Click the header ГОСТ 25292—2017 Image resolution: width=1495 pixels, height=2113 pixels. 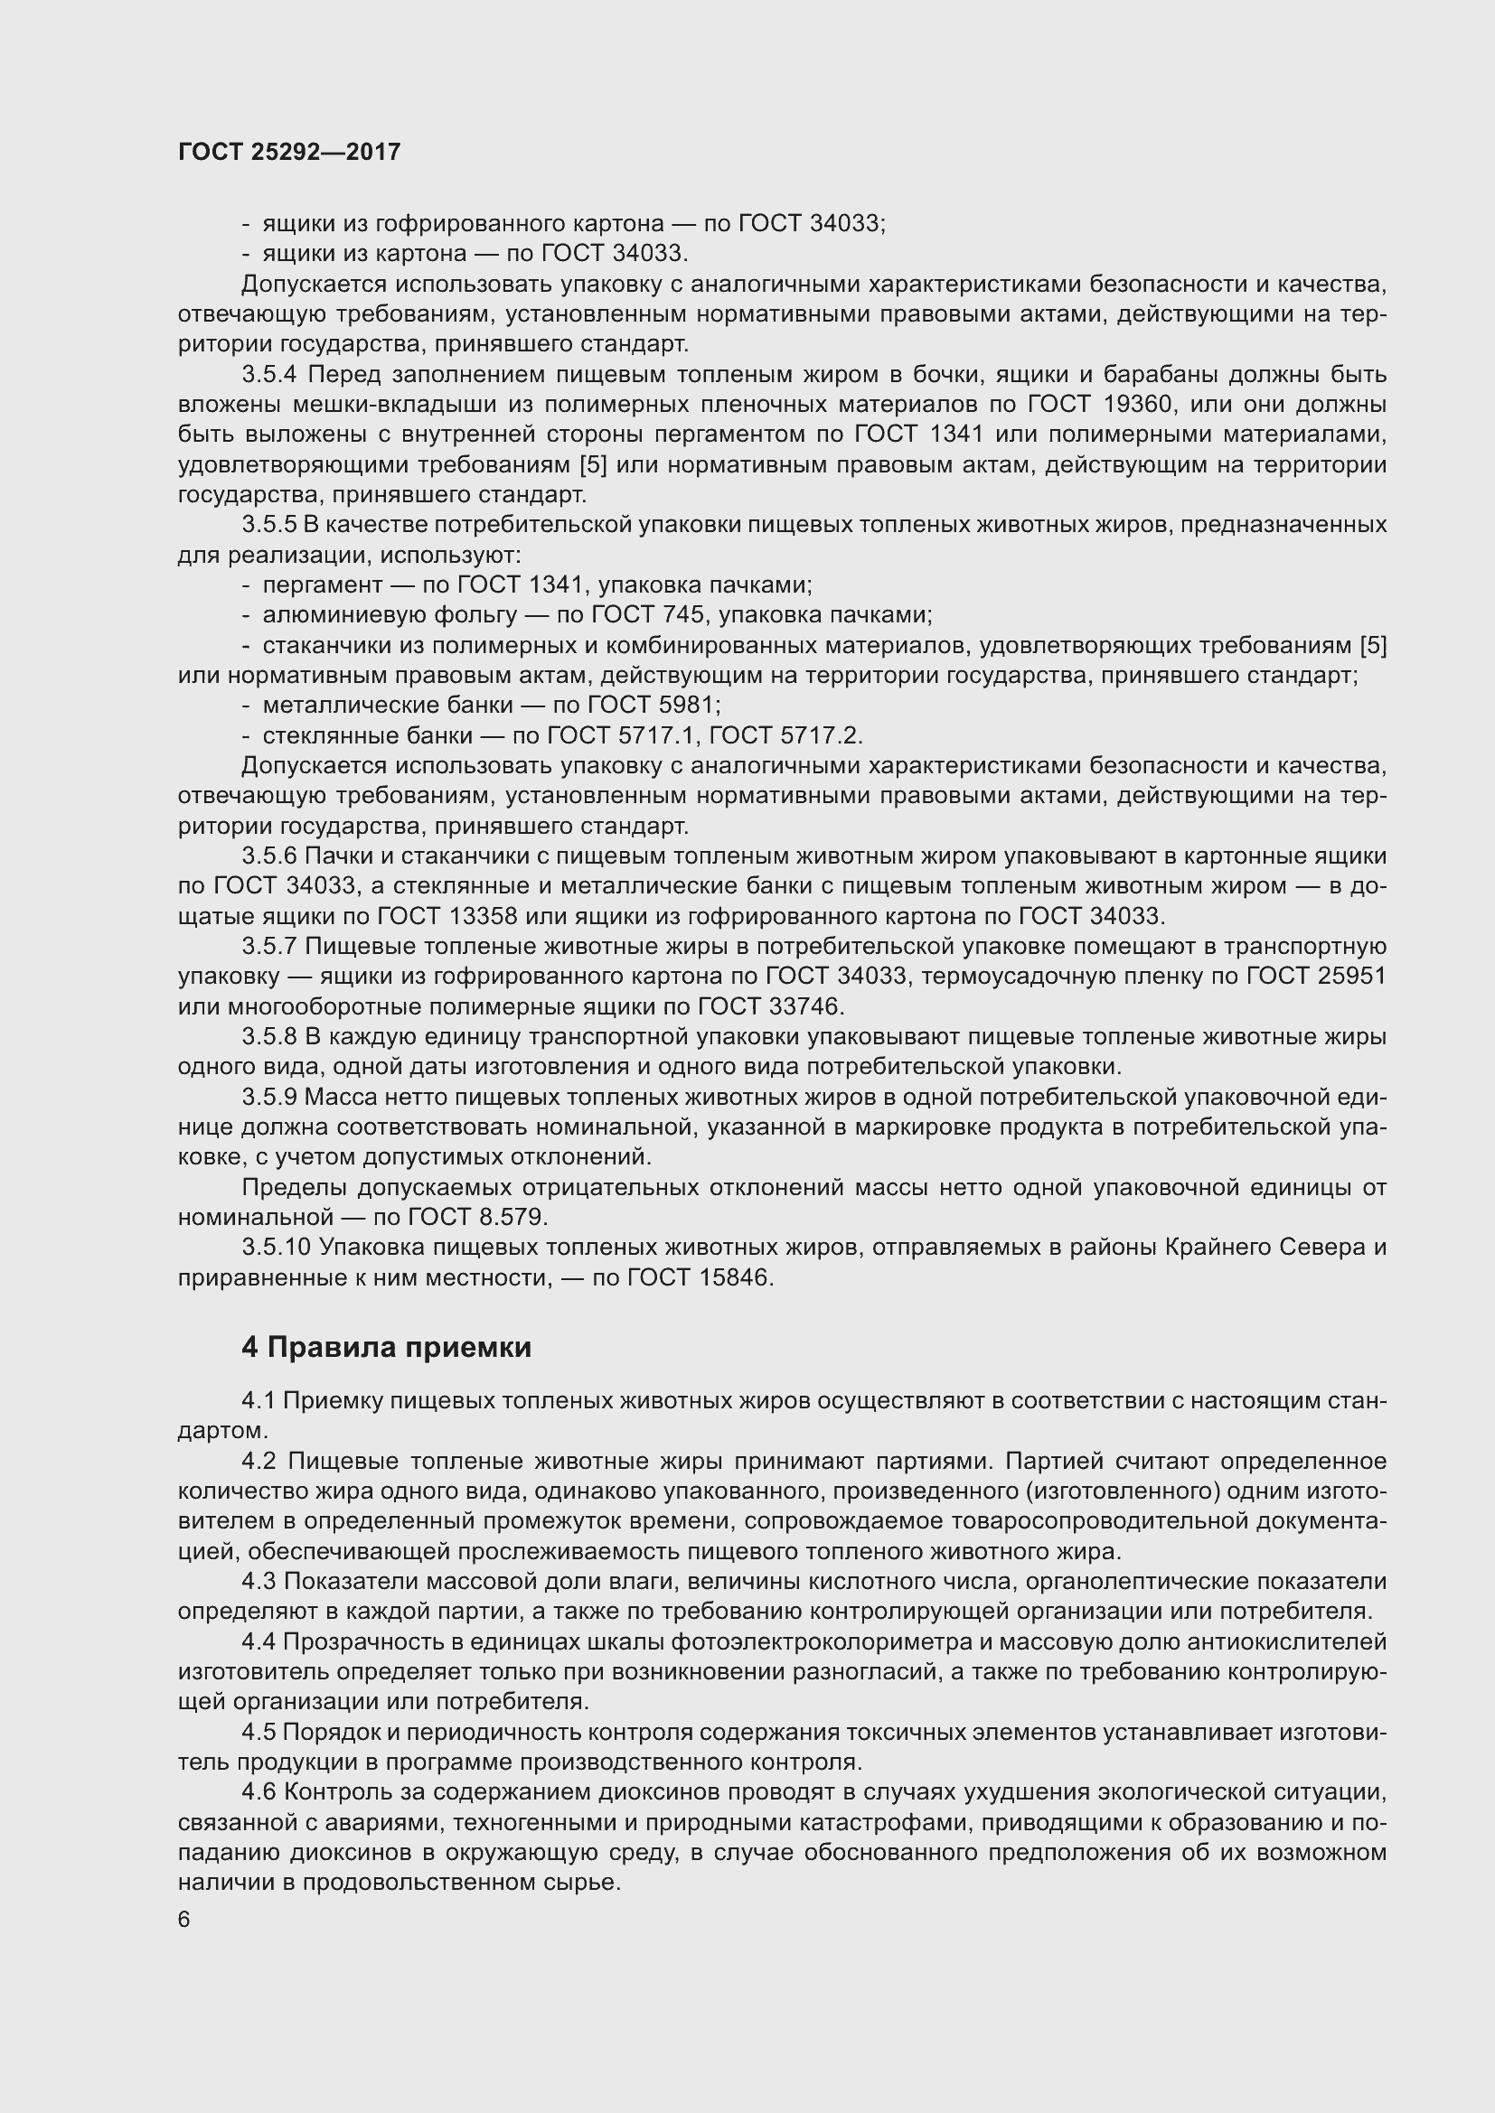click(289, 152)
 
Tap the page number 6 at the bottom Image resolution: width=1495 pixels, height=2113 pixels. click(184, 1918)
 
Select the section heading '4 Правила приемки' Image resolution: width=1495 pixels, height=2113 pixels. click(387, 1347)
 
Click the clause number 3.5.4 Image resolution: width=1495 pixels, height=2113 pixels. click(269, 375)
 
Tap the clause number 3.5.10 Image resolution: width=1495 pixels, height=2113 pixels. click(277, 1247)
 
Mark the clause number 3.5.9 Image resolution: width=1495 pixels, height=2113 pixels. click(269, 1097)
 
